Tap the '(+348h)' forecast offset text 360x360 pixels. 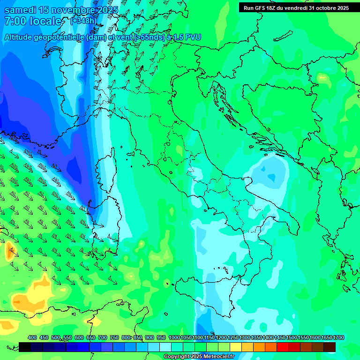(83, 21)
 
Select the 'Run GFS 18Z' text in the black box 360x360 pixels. (263, 8)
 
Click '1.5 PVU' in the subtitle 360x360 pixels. (187, 37)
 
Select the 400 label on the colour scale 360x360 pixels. (32, 338)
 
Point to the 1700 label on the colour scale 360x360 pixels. (338, 338)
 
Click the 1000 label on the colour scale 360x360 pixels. (174, 338)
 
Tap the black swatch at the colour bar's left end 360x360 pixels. (25, 347)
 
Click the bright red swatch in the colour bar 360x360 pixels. (283, 347)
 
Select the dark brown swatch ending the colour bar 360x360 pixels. (330, 347)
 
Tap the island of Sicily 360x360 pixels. (211, 293)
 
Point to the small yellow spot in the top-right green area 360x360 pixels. (322, 77)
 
